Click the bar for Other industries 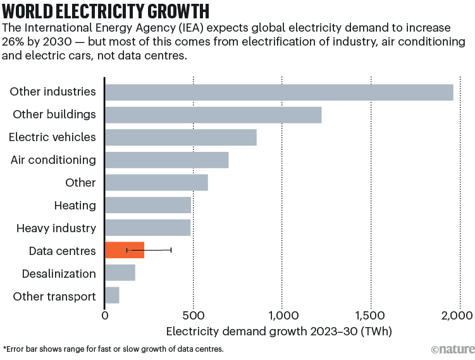pyautogui.click(x=278, y=92)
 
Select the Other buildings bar pyautogui.click(x=213, y=115)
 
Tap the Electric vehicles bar pyautogui.click(x=180, y=137)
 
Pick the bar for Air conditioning pyautogui.click(x=166, y=160)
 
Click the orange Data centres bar pyautogui.click(x=124, y=251)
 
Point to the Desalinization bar pyautogui.click(x=120, y=273)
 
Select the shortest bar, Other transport pyautogui.click(x=112, y=296)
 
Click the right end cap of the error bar pyautogui.click(x=171, y=251)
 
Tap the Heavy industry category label pyautogui.click(x=56, y=228)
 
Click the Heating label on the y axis pyautogui.click(x=75, y=206)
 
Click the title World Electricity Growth pyautogui.click(x=106, y=11)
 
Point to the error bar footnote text pyautogui.click(x=114, y=349)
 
